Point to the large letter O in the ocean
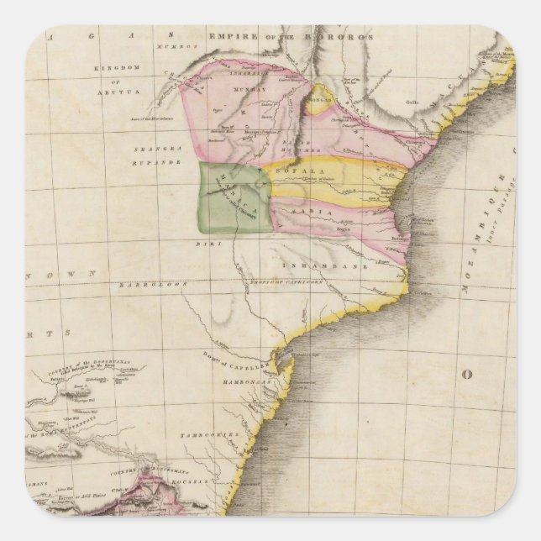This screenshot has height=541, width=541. (x=471, y=374)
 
